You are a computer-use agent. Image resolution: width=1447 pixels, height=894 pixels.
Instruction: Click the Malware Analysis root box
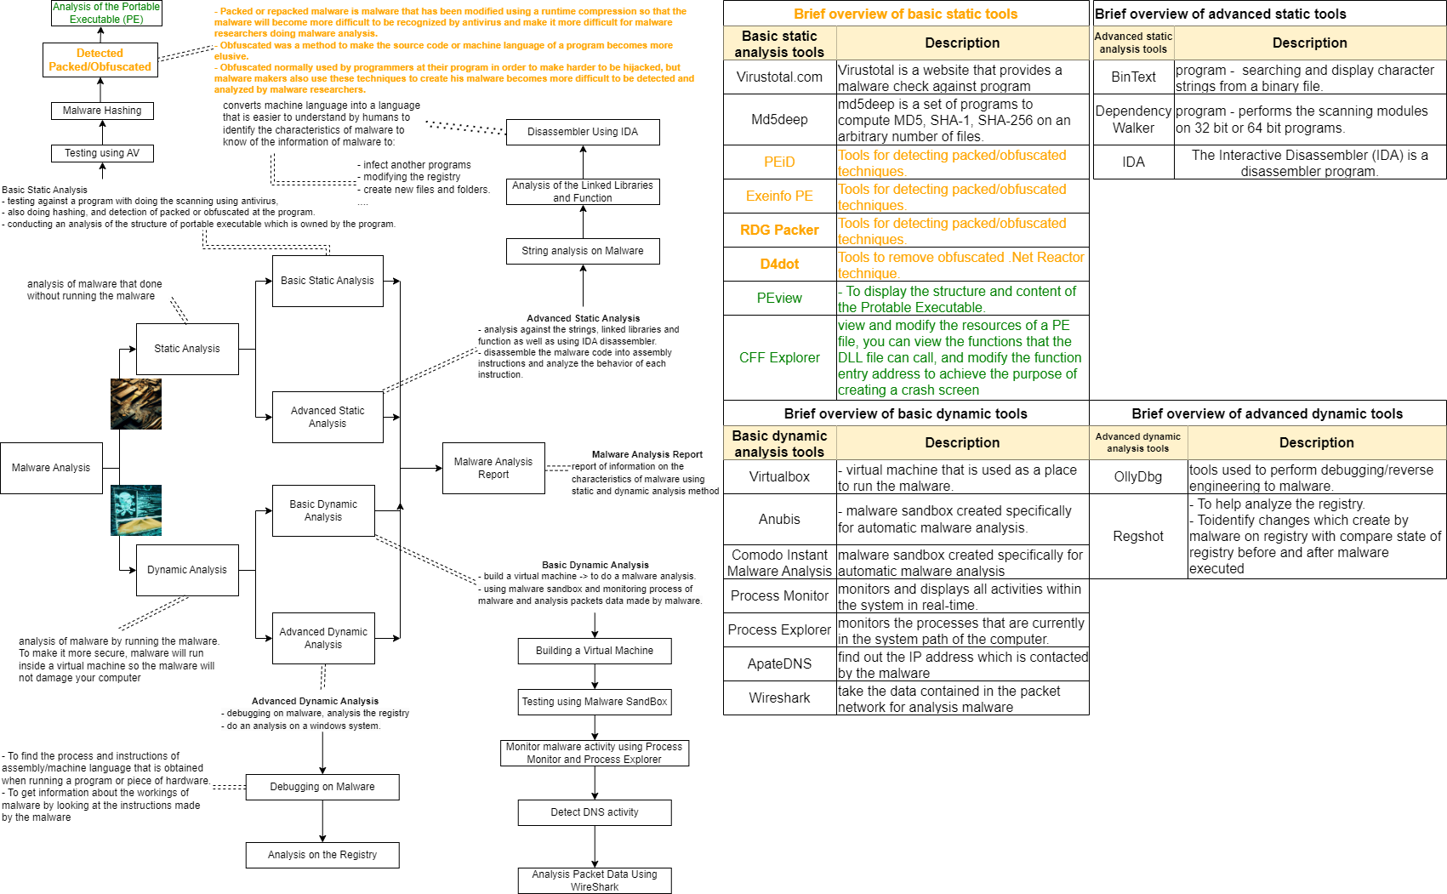click(x=51, y=468)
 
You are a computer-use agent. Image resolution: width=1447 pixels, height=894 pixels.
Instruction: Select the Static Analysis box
click(x=187, y=349)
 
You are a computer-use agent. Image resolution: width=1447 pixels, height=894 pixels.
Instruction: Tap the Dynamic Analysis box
click(x=187, y=570)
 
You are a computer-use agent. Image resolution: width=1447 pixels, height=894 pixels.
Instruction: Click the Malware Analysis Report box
click(x=493, y=468)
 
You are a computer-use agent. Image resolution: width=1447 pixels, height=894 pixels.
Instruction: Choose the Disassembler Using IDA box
click(x=583, y=132)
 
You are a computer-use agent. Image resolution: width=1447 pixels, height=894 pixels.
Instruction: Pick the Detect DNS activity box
click(x=595, y=812)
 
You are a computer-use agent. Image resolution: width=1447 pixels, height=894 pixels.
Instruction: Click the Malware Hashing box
click(x=102, y=111)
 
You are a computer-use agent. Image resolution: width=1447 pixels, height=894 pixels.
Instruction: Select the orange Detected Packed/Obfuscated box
click(x=100, y=60)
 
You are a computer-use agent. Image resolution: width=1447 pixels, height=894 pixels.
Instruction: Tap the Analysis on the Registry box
click(x=322, y=855)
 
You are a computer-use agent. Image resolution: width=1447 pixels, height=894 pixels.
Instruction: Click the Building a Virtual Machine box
click(x=595, y=651)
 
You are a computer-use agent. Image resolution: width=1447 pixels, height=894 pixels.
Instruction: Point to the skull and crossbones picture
click(x=136, y=510)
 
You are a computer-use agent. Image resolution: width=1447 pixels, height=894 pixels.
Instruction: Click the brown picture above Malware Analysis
click(x=136, y=404)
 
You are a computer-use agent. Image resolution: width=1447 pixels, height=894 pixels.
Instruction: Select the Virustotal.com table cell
click(x=779, y=77)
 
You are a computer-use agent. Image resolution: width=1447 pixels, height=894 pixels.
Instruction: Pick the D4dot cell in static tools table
click(x=779, y=265)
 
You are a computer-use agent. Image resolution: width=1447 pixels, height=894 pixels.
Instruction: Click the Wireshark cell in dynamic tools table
click(x=779, y=698)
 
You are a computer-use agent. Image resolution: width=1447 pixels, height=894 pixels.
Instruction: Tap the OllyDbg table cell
click(x=1138, y=477)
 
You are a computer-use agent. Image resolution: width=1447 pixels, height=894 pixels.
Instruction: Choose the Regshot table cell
click(x=1138, y=537)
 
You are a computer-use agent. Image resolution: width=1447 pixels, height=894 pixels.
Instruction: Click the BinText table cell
click(x=1133, y=77)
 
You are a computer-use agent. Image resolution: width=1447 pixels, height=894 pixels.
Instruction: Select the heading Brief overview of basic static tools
click(x=905, y=14)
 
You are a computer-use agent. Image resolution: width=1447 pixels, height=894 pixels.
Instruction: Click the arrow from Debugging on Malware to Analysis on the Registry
click(x=322, y=821)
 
